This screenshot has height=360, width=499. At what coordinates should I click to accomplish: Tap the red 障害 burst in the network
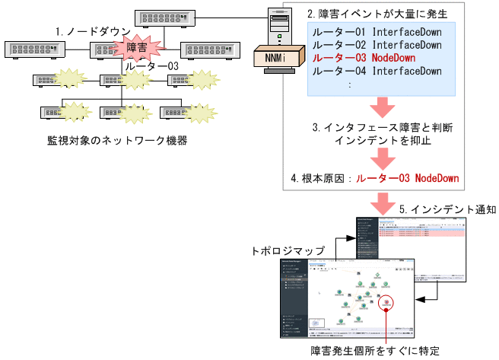coord(138,48)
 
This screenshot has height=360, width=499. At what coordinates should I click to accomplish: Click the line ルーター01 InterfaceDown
coord(375,32)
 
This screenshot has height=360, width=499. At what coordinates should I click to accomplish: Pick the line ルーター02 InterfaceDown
coord(375,45)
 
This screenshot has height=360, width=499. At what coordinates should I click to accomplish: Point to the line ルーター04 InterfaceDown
coord(375,71)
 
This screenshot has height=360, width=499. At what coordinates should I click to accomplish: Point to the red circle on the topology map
coord(387,304)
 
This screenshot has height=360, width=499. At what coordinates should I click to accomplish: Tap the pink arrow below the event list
coord(381,107)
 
